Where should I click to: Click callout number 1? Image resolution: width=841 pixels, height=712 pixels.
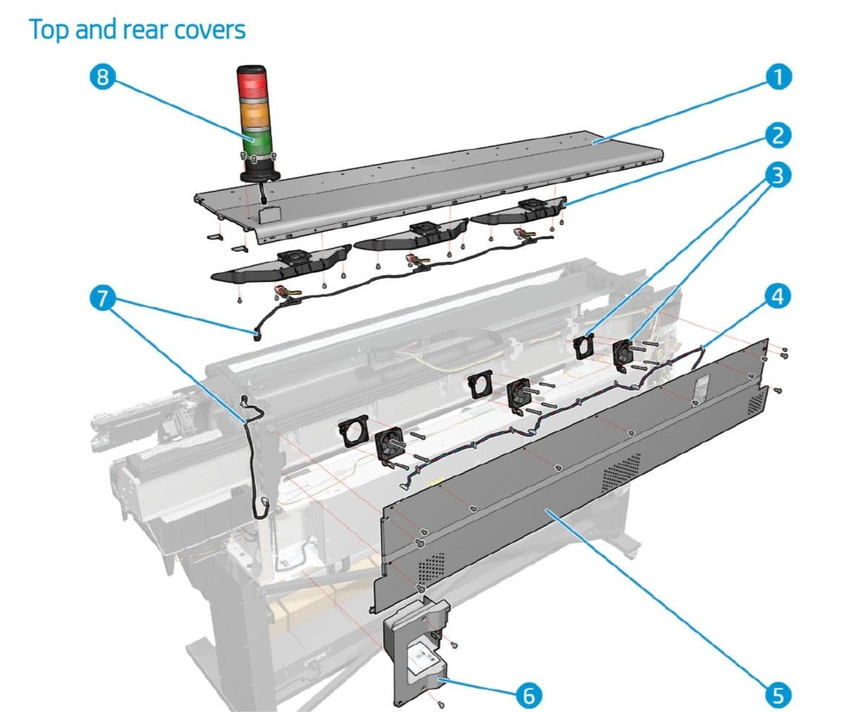tap(779, 77)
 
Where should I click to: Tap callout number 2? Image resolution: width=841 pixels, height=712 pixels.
tap(779, 136)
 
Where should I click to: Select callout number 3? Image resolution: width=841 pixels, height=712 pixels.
tap(779, 176)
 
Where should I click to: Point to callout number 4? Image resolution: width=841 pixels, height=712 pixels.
tap(779, 297)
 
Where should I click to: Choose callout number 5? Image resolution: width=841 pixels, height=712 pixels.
tap(779, 695)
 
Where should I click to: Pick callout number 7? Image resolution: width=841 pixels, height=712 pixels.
tap(103, 299)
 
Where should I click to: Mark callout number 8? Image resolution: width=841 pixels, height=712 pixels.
tap(103, 77)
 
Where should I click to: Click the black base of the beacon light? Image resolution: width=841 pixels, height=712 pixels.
tap(258, 172)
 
